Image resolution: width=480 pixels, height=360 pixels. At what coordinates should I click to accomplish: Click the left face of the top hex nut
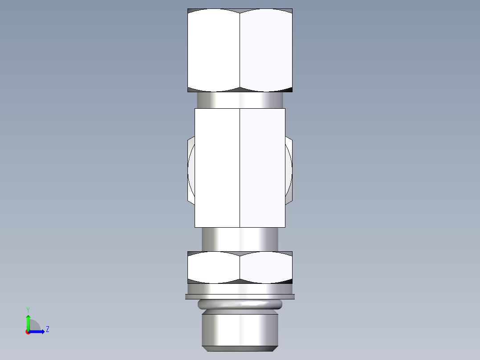(x=214, y=50)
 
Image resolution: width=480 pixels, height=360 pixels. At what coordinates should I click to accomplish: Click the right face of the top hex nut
(x=266, y=50)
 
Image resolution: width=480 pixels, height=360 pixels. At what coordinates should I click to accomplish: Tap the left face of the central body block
(x=217, y=168)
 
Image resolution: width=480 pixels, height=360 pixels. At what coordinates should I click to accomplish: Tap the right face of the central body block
(x=262, y=168)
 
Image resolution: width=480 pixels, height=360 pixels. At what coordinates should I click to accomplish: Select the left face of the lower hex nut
(x=214, y=267)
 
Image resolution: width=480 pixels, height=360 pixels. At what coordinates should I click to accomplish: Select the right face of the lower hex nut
(x=266, y=267)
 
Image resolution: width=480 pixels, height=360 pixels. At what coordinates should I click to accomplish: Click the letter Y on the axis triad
(x=28, y=310)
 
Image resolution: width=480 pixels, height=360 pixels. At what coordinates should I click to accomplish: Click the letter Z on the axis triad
(x=47, y=329)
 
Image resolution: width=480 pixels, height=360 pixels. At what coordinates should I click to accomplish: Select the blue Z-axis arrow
(x=37, y=331)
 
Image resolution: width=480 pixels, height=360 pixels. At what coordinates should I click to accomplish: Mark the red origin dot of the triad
(x=28, y=332)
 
